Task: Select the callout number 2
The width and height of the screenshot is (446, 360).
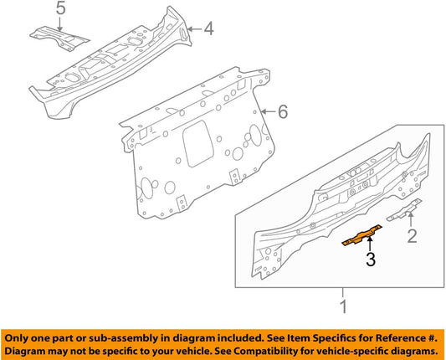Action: click(411, 237)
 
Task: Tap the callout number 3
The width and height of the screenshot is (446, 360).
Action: click(368, 260)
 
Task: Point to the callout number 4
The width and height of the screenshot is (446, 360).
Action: click(208, 31)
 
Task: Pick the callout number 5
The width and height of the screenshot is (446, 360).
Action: click(59, 9)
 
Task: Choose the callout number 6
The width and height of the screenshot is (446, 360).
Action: click(282, 111)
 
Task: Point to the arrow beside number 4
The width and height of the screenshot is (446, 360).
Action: click(192, 30)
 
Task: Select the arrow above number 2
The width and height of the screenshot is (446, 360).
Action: click(411, 219)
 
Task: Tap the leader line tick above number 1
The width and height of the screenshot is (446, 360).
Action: click(342, 286)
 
